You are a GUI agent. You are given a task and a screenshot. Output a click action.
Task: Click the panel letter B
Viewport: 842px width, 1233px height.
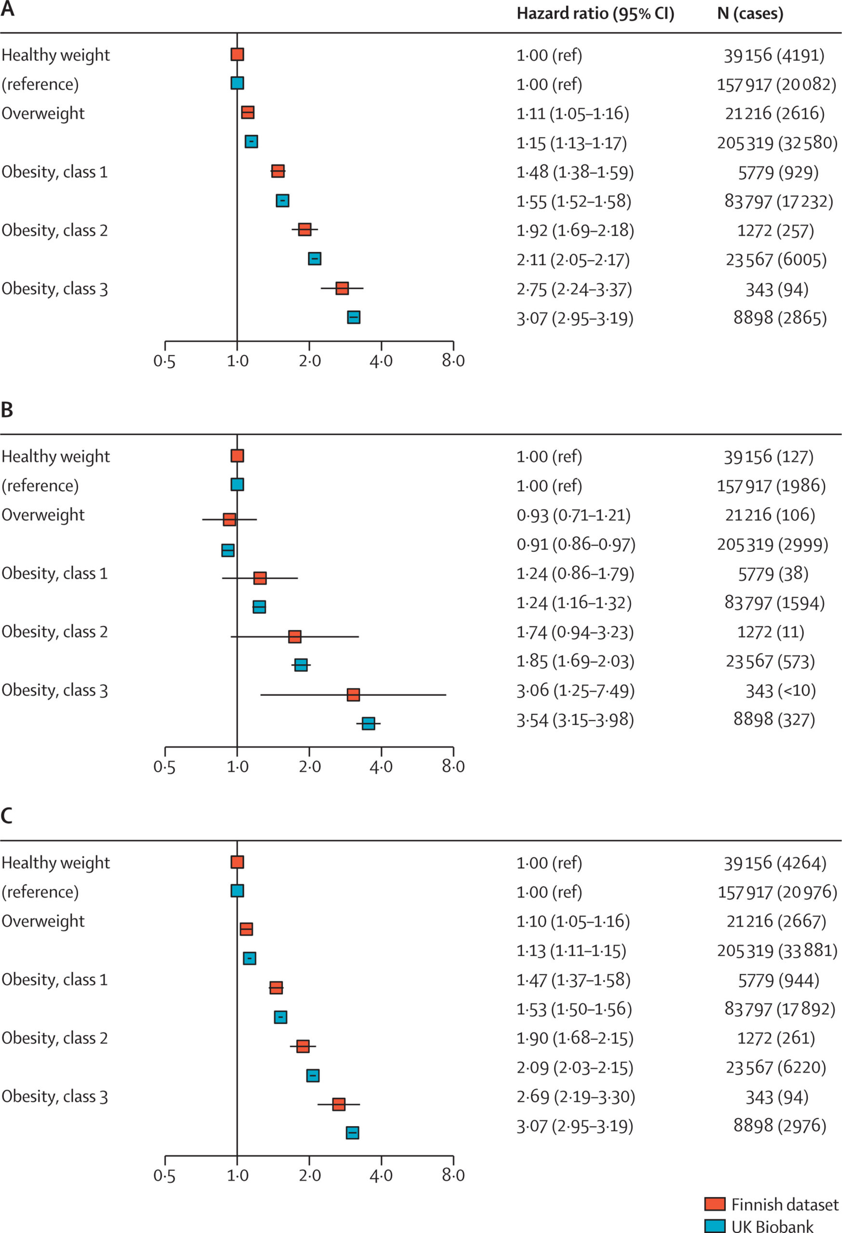(x=7, y=410)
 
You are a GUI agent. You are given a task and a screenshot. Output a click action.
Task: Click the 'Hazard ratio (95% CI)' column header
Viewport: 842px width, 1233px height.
(x=595, y=14)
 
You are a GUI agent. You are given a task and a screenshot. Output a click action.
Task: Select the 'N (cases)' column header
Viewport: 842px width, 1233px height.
(x=750, y=14)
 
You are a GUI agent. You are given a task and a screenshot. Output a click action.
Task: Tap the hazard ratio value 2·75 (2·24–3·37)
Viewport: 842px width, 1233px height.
(x=574, y=289)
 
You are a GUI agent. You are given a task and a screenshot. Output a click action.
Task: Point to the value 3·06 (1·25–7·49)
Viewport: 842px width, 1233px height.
(x=575, y=691)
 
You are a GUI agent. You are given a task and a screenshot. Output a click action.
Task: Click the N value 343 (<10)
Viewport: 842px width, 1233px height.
(x=780, y=691)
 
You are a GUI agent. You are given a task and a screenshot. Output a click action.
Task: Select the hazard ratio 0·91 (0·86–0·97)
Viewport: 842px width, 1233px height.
(x=576, y=544)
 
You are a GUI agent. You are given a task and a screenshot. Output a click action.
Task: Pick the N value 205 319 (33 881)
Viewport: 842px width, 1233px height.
(x=777, y=950)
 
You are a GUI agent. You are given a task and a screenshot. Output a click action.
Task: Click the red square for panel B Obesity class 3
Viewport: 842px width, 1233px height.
(x=353, y=695)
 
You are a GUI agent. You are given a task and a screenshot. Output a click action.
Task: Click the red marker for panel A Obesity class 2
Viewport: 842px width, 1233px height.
(x=304, y=230)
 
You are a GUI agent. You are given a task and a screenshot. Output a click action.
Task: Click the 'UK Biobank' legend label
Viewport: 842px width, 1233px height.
(x=772, y=1226)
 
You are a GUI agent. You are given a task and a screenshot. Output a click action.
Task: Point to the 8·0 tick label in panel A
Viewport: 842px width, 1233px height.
(x=453, y=361)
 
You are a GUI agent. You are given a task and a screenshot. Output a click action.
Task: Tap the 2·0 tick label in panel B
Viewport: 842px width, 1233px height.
(x=309, y=767)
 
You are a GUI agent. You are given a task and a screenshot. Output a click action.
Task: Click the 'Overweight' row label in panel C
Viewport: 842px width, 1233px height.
(x=43, y=921)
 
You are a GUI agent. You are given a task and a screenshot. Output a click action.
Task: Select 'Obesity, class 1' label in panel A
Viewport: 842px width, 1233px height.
(x=54, y=172)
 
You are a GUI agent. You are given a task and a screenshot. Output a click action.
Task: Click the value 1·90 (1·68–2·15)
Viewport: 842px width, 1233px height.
(x=575, y=1038)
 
